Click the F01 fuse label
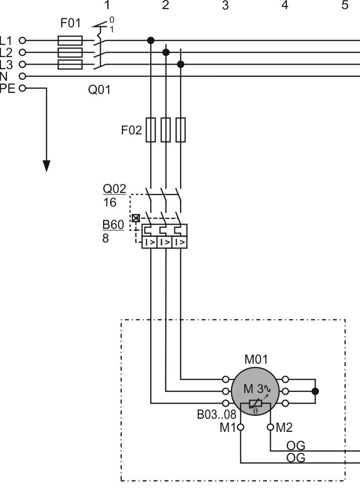click(70, 23)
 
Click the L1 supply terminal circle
click(22, 40)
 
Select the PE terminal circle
click(22, 88)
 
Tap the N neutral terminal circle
click(22, 76)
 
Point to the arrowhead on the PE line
click(47, 166)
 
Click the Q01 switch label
click(99, 90)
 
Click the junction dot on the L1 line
click(151, 40)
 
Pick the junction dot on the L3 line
click(181, 64)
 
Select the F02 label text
click(131, 130)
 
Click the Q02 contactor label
click(114, 188)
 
